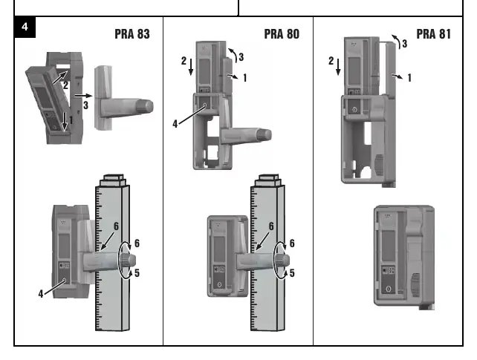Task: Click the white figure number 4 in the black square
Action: point(25,27)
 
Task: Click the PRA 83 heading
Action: point(132,34)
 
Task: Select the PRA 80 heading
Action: point(282,34)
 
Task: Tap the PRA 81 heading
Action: point(433,34)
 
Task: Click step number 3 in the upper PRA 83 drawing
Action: point(85,105)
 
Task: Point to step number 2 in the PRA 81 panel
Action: point(331,61)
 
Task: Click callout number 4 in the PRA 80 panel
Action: point(175,124)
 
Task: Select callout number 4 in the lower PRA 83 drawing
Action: point(41,294)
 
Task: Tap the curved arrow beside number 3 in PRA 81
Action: point(396,41)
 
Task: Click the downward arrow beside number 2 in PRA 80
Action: point(191,67)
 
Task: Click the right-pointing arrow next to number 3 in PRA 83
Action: point(84,96)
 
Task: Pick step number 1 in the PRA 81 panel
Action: point(409,78)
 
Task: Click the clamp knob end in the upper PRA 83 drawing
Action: point(144,106)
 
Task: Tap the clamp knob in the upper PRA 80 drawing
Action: point(263,135)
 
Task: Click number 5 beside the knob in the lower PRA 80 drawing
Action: point(292,273)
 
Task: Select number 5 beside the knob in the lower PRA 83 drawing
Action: point(137,273)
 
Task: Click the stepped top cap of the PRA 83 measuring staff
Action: point(113,180)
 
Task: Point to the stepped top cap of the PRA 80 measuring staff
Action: point(267,180)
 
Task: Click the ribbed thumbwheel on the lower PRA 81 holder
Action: point(415,284)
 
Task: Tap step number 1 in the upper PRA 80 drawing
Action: point(245,78)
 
